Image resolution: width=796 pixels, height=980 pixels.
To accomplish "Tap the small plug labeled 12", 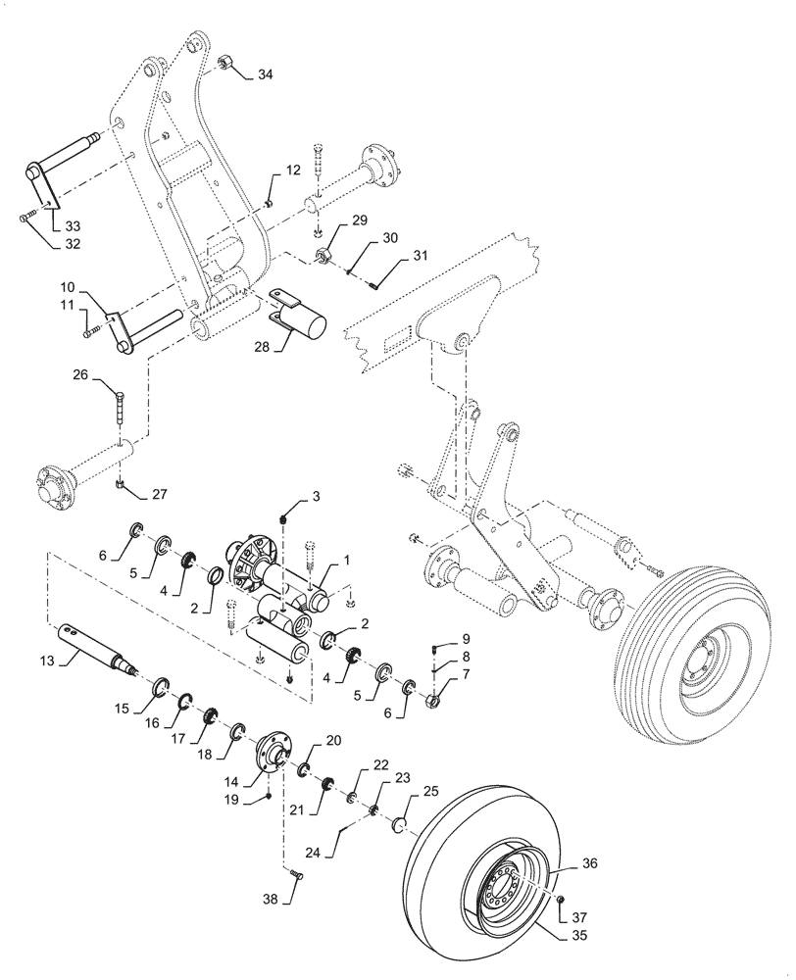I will (268, 203).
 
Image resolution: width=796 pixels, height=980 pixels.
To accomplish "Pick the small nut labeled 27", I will (120, 483).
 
